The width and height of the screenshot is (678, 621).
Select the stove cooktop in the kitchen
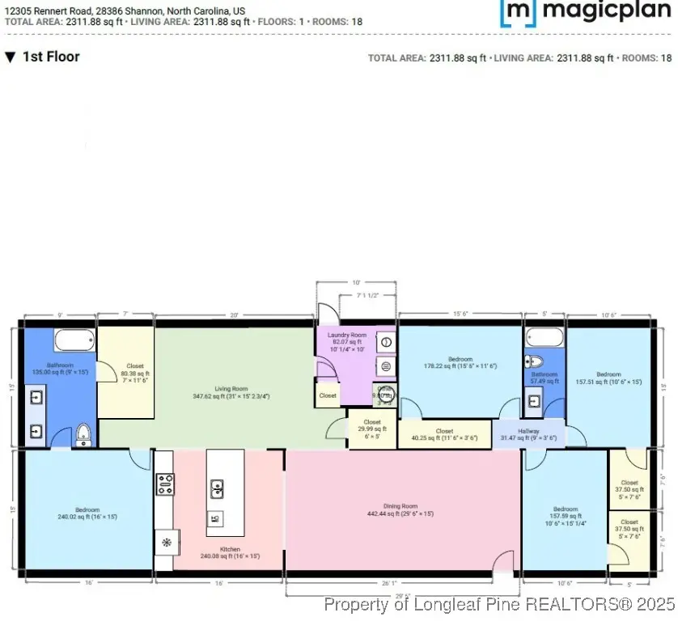coord(165,484)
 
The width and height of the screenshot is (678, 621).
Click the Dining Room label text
coord(400,506)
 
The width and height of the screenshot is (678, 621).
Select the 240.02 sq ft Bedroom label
coord(87,510)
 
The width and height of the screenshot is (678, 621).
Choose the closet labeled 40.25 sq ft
coord(444,434)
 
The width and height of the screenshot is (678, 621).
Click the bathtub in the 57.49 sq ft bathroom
coord(544,336)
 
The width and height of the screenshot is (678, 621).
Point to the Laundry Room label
coord(346,335)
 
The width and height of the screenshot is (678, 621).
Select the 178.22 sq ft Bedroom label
coord(460,358)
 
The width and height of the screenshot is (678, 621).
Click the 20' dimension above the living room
coord(235,315)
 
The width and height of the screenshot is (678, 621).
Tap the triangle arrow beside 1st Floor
coord(10,57)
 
